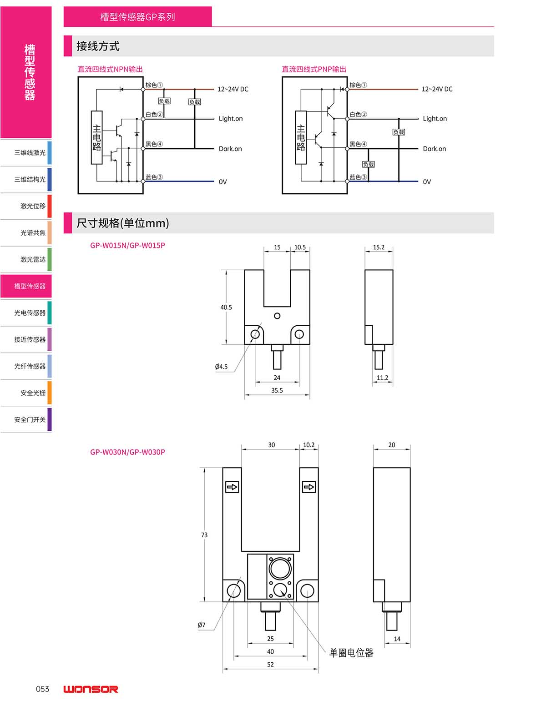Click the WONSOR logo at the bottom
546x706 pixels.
91,689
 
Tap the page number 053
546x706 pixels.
42,689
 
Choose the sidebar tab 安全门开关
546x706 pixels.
30,419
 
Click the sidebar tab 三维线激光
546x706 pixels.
30,153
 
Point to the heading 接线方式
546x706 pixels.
98,46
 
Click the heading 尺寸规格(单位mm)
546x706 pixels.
122,223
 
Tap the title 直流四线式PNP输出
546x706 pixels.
313,69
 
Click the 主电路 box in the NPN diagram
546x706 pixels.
96,137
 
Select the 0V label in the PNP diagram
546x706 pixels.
427,182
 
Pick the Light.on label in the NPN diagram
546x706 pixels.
231,119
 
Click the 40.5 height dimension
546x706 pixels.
226,307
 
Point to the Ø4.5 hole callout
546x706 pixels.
222,367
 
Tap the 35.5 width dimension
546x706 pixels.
277,390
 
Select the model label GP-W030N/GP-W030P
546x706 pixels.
127,452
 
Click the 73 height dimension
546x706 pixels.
204,535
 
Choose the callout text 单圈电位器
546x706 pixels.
351,653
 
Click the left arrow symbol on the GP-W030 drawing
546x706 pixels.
232,487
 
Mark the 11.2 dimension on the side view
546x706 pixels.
382,378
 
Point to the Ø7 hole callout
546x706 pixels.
202,625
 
